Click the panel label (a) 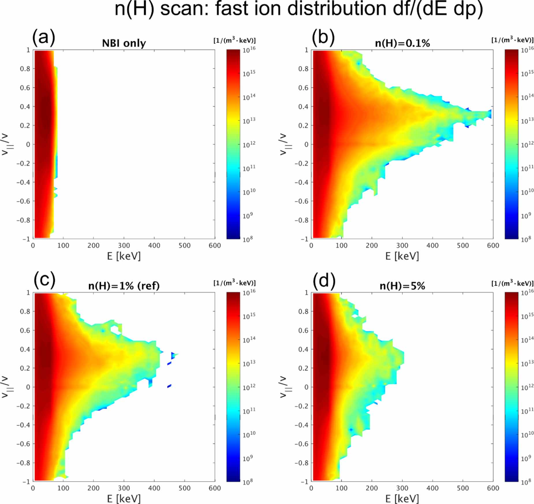(43, 38)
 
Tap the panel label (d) (324, 281)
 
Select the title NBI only (124, 43)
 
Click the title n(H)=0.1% (402, 43)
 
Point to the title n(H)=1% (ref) (124, 286)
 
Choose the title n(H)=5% (402, 286)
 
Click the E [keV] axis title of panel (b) (402, 256)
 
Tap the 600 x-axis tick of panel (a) (214, 246)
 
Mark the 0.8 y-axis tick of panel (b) (303, 69)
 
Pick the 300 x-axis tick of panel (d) (402, 488)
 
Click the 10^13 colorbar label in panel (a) (249, 120)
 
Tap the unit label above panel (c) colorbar (234, 283)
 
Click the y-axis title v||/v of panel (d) (284, 387)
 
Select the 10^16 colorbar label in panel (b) (527, 49)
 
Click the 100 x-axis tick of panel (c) (63, 488)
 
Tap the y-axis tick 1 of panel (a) (28, 50)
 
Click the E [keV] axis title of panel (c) (124, 499)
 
